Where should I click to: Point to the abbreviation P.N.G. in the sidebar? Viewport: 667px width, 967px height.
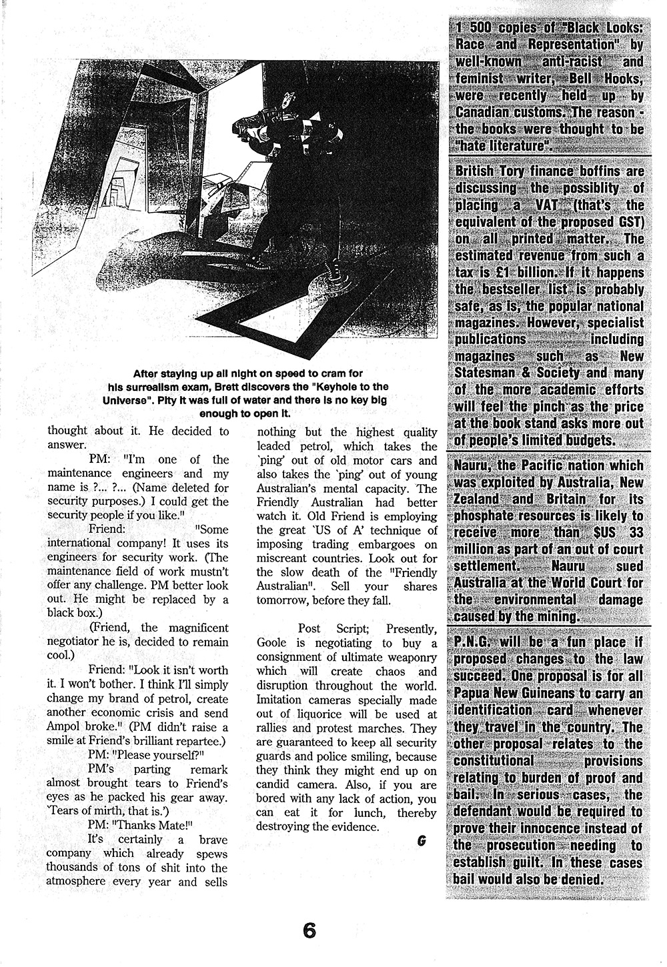[475, 643]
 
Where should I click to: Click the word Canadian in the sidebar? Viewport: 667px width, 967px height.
[486, 112]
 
